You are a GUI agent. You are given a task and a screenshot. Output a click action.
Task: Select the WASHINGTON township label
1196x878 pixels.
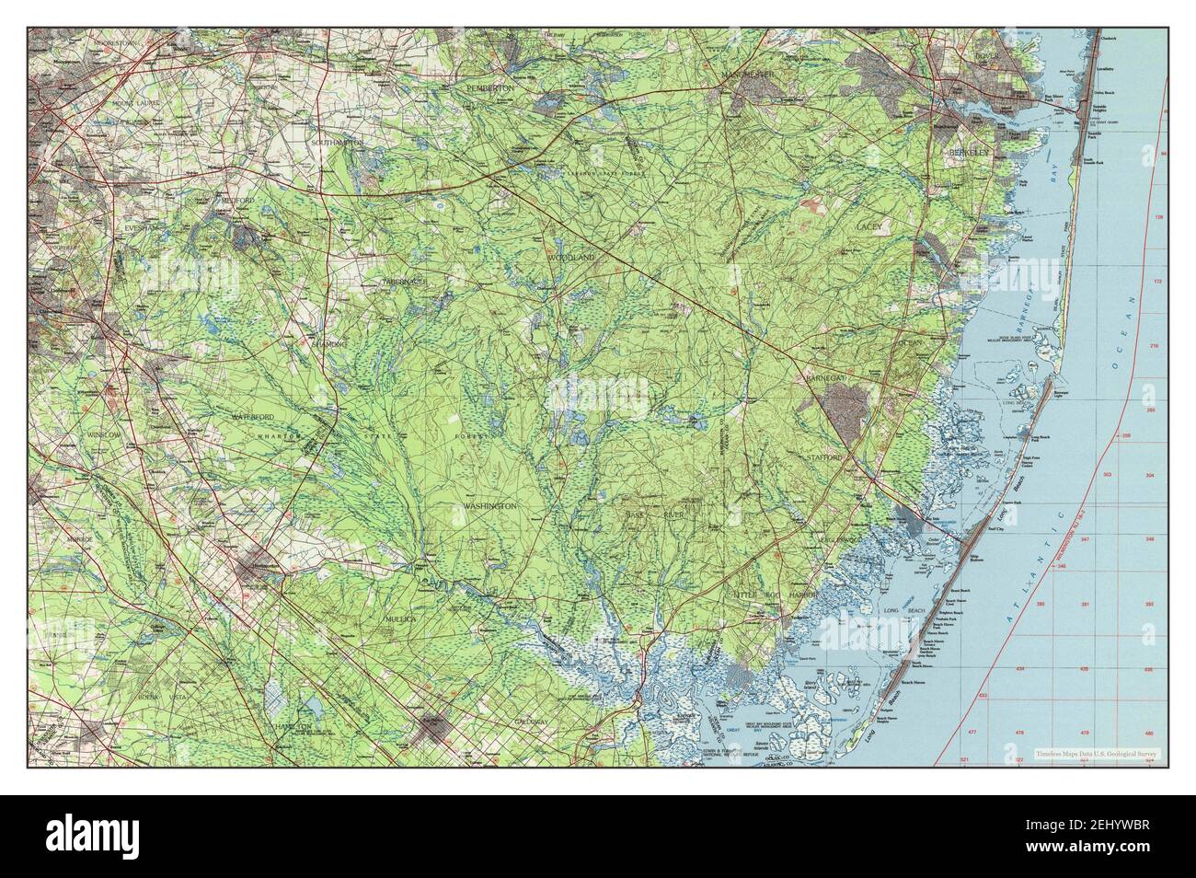click(490, 506)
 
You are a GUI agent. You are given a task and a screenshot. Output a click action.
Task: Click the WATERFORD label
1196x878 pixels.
click(254, 417)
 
